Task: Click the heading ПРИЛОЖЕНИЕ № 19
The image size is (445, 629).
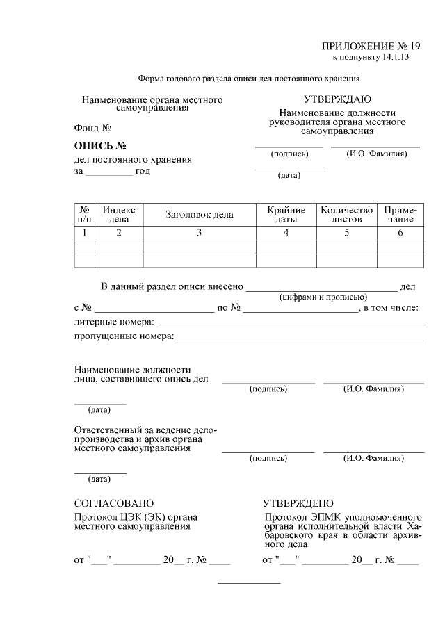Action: point(371,46)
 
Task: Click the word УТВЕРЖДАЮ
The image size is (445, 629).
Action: point(337,100)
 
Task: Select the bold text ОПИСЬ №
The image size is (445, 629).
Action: point(99,146)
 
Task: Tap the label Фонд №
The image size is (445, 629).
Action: point(93,129)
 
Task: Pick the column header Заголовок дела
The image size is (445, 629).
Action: point(199,215)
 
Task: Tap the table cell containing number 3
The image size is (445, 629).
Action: point(199,233)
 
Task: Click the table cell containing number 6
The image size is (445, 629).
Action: point(400,233)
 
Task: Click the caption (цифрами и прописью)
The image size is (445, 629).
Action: point(323,297)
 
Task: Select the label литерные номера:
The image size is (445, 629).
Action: point(114,322)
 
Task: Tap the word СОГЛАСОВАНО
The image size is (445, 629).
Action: point(114,503)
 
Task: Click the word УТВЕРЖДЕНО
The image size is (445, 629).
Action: point(298,503)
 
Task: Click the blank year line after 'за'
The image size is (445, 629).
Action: point(108,172)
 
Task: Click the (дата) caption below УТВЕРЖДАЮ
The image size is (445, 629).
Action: point(289,175)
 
